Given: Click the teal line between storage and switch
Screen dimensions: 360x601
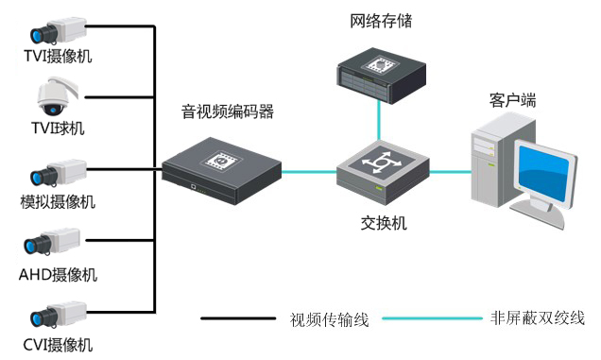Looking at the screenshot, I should coord(380,119).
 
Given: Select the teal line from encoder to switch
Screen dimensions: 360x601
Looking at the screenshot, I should coord(310,172).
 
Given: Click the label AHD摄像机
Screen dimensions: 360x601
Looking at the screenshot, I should coord(58,275).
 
